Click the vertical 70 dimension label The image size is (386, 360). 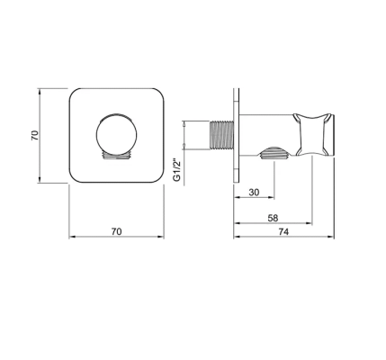point(35,135)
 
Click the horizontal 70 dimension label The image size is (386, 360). point(117,231)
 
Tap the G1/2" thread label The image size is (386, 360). point(177,170)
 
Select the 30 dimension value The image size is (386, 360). point(254,193)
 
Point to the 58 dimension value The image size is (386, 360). point(273,218)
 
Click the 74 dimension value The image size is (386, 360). point(283,232)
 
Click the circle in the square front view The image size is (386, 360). point(116,134)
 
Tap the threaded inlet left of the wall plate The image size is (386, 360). point(221,135)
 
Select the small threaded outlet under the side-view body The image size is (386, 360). point(274,153)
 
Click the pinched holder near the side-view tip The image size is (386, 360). point(312,134)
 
